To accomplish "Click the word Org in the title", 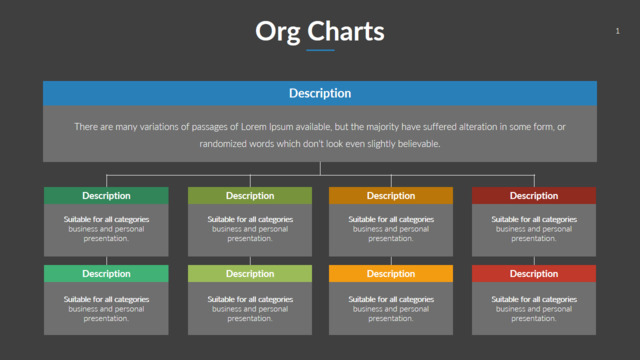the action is [278, 32].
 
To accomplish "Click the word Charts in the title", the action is [346, 31].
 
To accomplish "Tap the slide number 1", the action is [618, 31].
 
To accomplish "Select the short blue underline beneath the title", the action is [320, 50].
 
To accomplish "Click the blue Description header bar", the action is [320, 93].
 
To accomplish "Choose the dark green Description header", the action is [106, 196].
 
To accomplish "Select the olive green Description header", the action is [250, 196].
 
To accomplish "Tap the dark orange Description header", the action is [391, 196].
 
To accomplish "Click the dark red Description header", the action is [534, 196].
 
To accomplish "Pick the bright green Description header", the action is [106, 273].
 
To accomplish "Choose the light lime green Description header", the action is [250, 273].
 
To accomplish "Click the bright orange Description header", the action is [391, 273].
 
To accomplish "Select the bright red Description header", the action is [534, 273].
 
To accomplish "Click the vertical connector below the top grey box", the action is [320, 169].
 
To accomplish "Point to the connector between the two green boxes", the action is [107, 261].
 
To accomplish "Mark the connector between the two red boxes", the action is [534, 261].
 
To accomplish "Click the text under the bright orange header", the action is [391, 309].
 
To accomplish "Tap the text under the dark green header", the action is [106, 229].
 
